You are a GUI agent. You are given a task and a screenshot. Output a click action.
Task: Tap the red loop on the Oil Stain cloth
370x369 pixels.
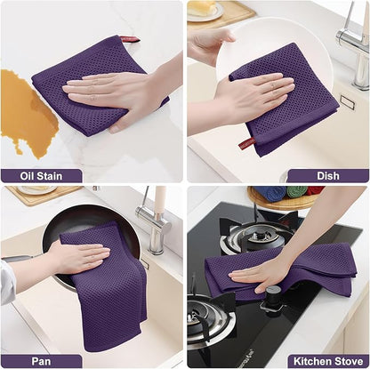coord(129,40)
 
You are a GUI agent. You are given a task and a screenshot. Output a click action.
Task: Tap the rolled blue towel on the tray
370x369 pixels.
coord(273,192)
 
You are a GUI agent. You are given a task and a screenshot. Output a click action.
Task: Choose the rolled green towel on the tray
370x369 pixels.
coord(296,191)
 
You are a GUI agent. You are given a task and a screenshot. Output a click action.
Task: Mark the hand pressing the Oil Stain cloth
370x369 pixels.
coord(116,89)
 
